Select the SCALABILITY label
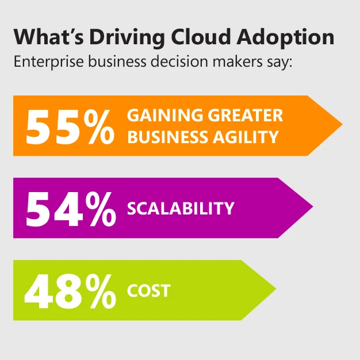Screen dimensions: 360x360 click(181, 208)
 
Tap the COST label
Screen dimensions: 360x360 click(149, 290)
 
